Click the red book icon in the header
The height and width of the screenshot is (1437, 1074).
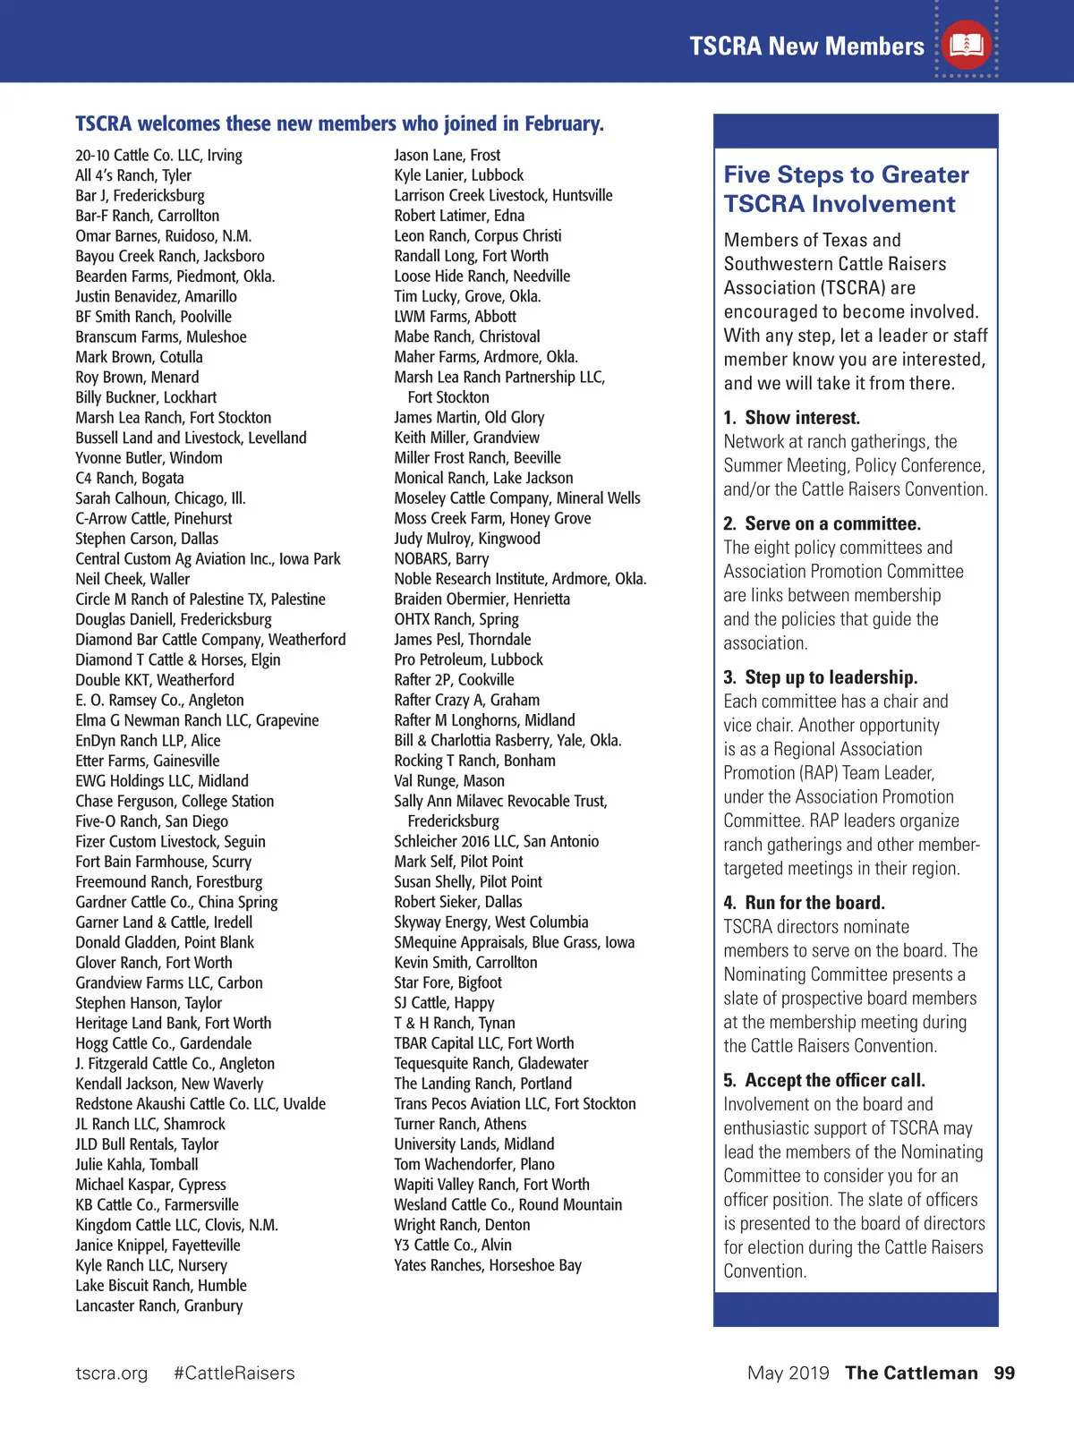[967, 45]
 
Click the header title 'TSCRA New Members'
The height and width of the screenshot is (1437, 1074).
[806, 47]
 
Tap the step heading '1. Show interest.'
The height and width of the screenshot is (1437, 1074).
[791, 418]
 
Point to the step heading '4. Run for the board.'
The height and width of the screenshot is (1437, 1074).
[804, 903]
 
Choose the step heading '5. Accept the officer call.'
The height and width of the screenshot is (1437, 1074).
[824, 1081]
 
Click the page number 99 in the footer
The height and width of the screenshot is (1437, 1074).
[1004, 1373]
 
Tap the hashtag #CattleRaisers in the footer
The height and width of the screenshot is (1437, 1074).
[234, 1373]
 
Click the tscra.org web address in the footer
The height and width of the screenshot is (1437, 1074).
[112, 1373]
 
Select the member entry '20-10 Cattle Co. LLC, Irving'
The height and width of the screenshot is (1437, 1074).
[158, 156]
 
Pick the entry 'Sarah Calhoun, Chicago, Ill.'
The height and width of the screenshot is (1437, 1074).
[160, 498]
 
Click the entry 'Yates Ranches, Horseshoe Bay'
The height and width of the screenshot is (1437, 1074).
[488, 1265]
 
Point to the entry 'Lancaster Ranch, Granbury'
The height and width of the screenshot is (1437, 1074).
[158, 1305]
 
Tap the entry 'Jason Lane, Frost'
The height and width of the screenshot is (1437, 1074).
[447, 156]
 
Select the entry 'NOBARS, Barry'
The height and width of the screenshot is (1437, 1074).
[441, 559]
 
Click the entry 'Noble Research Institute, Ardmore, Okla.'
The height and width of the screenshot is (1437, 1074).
[520, 579]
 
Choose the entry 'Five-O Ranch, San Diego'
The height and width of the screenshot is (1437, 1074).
[151, 821]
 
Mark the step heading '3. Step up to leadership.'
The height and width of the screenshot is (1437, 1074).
[820, 677]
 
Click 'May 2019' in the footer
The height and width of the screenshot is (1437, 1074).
[788, 1373]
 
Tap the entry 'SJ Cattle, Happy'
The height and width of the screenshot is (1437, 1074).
[444, 1003]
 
